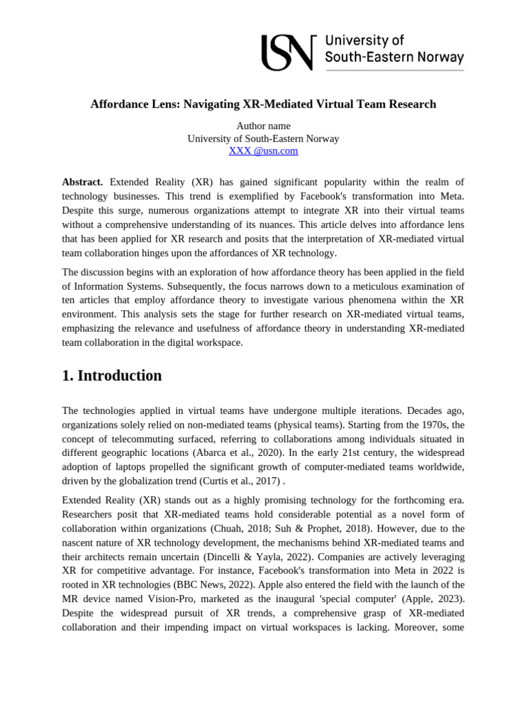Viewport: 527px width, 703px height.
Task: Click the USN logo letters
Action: click(x=288, y=54)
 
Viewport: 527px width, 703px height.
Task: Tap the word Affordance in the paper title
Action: click(x=119, y=104)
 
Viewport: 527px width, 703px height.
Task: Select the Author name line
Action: click(x=263, y=126)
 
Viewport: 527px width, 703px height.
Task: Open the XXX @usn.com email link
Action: click(x=263, y=151)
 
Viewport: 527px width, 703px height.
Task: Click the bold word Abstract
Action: click(x=82, y=182)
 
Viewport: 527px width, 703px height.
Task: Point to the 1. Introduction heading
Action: click(x=112, y=376)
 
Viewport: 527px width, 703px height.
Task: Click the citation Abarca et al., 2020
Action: click(x=346, y=452)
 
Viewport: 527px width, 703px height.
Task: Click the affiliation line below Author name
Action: click(x=263, y=139)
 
